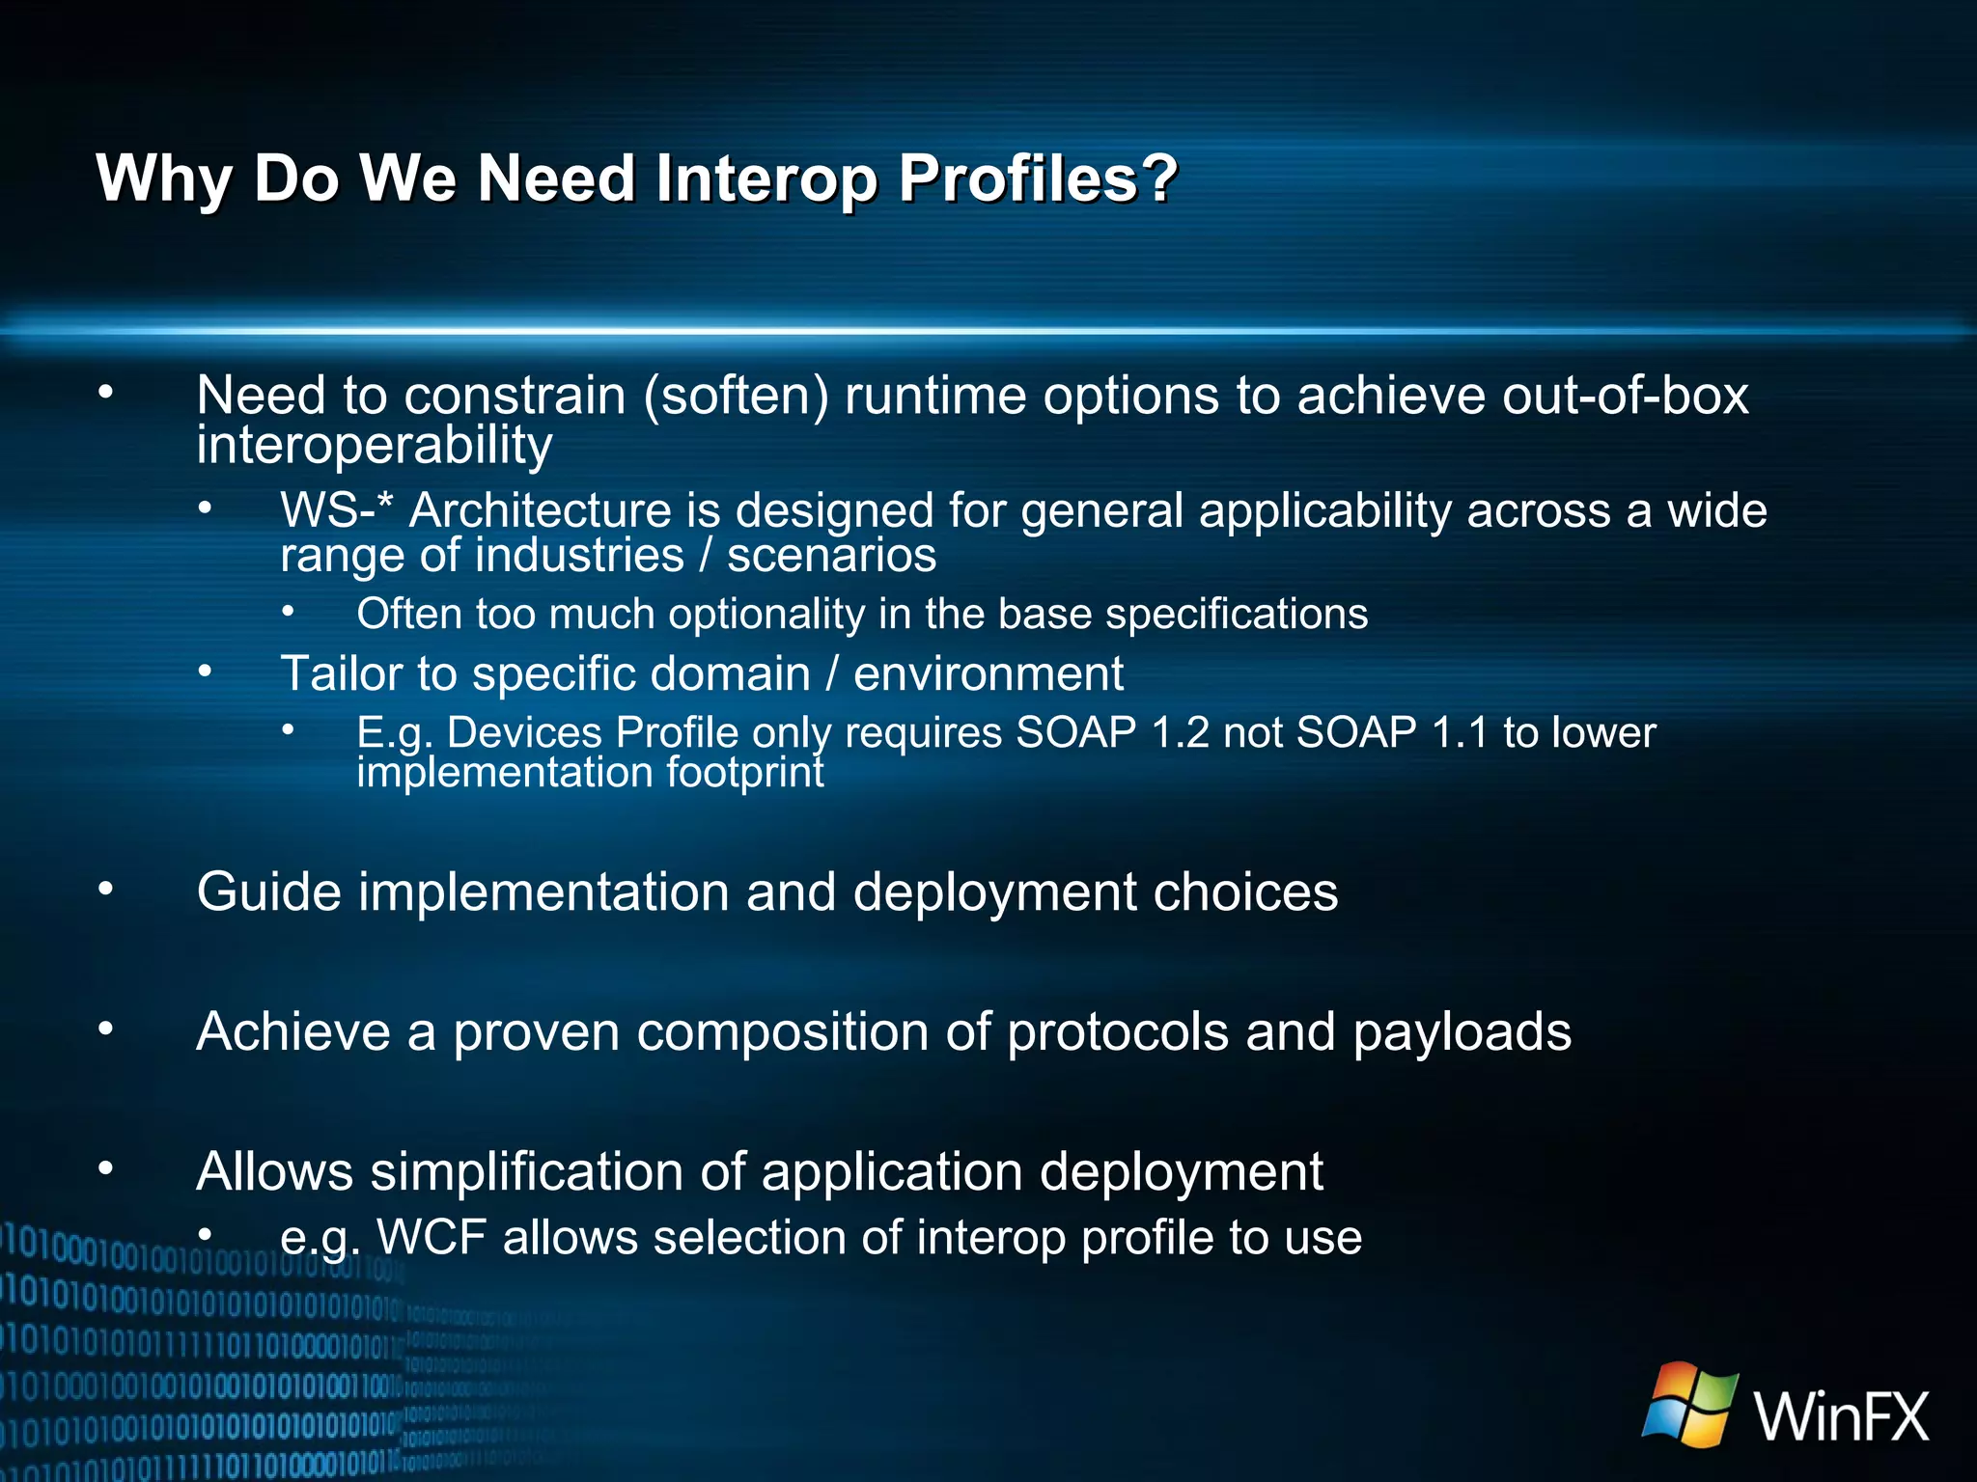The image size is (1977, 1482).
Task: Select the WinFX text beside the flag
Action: coord(1842,1417)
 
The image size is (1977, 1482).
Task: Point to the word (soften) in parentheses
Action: coord(736,397)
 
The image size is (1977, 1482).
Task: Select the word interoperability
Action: coord(374,446)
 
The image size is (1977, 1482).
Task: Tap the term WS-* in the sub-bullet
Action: coord(337,509)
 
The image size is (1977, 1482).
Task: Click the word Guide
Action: coord(268,892)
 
